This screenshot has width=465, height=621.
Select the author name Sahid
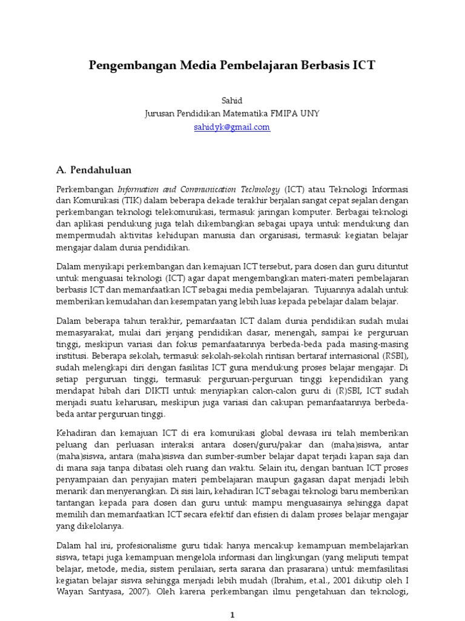click(232, 101)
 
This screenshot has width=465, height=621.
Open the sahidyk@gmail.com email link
click(232, 127)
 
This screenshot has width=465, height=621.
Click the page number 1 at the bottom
click(232, 614)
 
